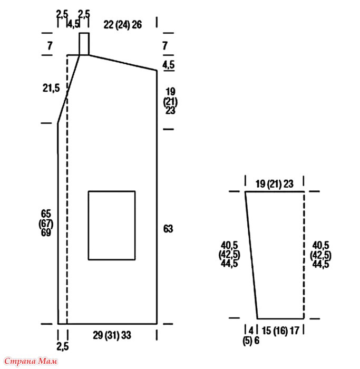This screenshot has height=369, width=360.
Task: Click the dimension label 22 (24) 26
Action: pyautogui.click(x=123, y=25)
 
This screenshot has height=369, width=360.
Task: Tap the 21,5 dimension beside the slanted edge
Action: pyautogui.click(x=51, y=88)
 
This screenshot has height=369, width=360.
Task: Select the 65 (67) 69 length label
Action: pyautogui.click(x=46, y=223)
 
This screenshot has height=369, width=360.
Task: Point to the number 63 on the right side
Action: pyautogui.click(x=168, y=229)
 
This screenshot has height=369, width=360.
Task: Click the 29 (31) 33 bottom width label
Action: pyautogui.click(x=112, y=335)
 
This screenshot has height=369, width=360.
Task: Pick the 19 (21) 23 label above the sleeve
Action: pyautogui.click(x=275, y=184)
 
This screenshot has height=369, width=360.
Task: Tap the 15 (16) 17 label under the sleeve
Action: pyautogui.click(x=280, y=331)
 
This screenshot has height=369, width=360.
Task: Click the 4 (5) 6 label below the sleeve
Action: pyautogui.click(x=251, y=336)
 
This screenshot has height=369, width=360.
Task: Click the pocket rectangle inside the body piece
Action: pyautogui.click(x=89, y=226)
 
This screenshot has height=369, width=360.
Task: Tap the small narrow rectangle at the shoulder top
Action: pyautogui.click(x=80, y=44)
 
